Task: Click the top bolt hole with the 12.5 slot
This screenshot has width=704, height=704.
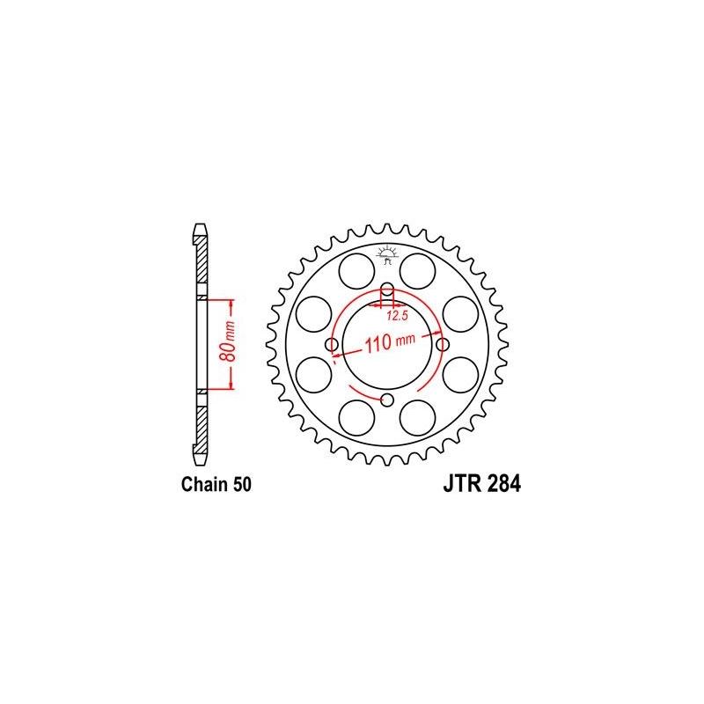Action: click(387, 293)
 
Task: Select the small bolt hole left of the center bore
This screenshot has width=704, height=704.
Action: click(333, 344)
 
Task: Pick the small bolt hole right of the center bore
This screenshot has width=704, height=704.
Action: click(442, 344)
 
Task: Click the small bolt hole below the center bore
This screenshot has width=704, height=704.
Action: click(387, 400)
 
